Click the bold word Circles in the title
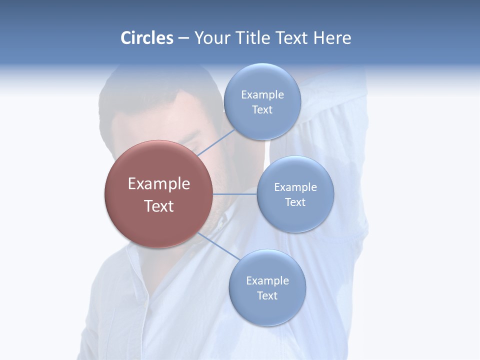click(146, 38)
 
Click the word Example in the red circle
click(159, 184)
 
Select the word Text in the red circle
click(159, 206)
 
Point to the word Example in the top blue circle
click(262, 94)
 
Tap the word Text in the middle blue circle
click(295, 202)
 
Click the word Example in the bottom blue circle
click(267, 280)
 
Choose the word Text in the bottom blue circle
click(267, 295)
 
